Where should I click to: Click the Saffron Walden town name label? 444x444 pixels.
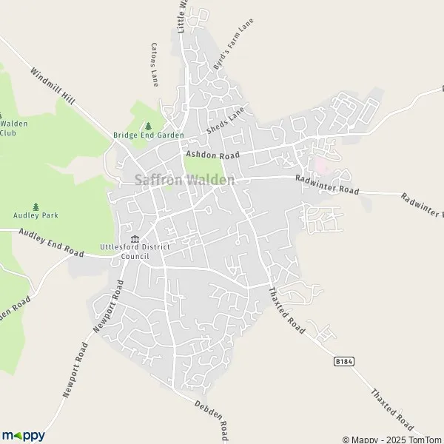click(x=185, y=180)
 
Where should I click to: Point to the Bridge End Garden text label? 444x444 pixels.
click(x=148, y=135)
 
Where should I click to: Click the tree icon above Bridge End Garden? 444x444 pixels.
click(x=148, y=126)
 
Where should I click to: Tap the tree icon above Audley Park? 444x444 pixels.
click(x=36, y=206)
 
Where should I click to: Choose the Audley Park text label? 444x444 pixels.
click(x=36, y=215)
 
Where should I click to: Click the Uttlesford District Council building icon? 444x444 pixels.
click(x=135, y=238)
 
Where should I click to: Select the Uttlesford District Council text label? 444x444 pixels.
click(x=124, y=252)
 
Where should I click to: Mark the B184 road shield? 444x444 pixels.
click(x=341, y=361)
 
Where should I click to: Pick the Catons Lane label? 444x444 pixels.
click(x=155, y=64)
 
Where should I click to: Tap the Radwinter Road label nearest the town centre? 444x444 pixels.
click(x=326, y=185)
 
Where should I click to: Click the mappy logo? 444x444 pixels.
click(x=23, y=435)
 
